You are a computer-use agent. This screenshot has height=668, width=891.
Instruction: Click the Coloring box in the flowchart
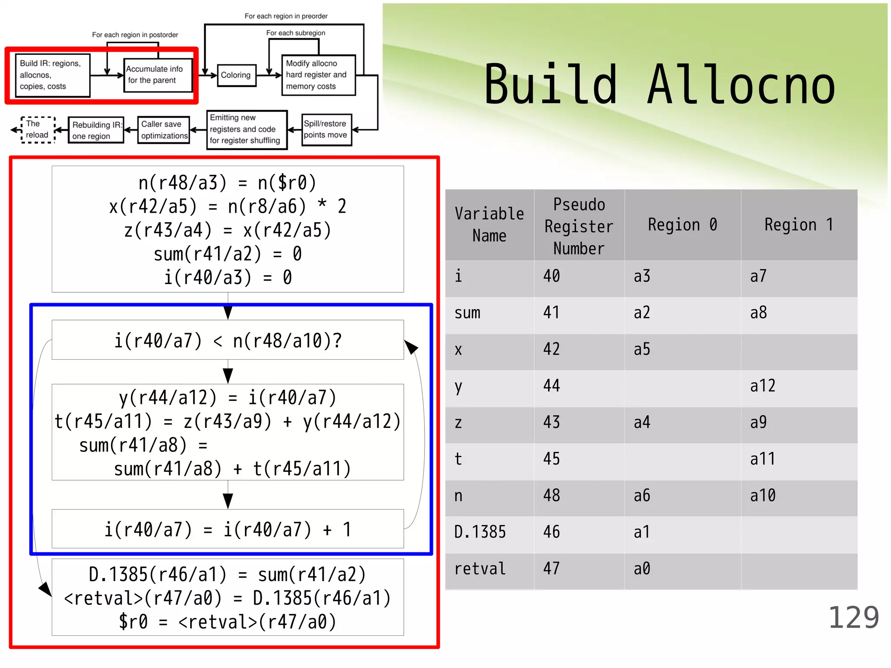tap(236, 75)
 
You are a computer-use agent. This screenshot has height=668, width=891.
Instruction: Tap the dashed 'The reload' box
tap(37, 130)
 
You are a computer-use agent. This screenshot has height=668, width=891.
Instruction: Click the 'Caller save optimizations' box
tap(164, 130)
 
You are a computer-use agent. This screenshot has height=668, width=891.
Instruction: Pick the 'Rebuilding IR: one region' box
tap(96, 130)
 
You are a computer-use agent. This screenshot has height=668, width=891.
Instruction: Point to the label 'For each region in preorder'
tap(286, 16)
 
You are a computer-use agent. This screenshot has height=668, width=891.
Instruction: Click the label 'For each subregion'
tap(295, 33)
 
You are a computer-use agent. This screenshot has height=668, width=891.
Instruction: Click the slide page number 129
tap(853, 618)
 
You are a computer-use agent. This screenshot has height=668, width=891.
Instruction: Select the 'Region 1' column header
tap(799, 225)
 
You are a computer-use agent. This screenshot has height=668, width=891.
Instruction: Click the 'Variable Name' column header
tap(489, 225)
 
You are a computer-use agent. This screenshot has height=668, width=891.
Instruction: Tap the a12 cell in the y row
tap(763, 386)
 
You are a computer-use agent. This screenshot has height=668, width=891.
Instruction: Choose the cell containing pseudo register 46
tap(552, 532)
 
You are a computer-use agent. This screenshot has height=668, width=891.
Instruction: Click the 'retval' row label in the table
tap(480, 569)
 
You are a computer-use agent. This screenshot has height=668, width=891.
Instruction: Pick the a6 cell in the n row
tap(642, 496)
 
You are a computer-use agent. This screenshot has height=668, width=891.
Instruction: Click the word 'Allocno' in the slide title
tap(741, 85)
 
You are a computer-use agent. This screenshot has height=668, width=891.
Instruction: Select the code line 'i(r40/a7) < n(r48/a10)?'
tap(228, 341)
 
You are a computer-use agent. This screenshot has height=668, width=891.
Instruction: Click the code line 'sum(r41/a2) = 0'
tap(228, 254)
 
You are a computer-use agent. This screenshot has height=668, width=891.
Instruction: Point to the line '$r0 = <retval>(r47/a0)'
tap(228, 622)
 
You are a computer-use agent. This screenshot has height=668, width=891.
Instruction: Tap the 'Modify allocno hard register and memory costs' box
tap(318, 75)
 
